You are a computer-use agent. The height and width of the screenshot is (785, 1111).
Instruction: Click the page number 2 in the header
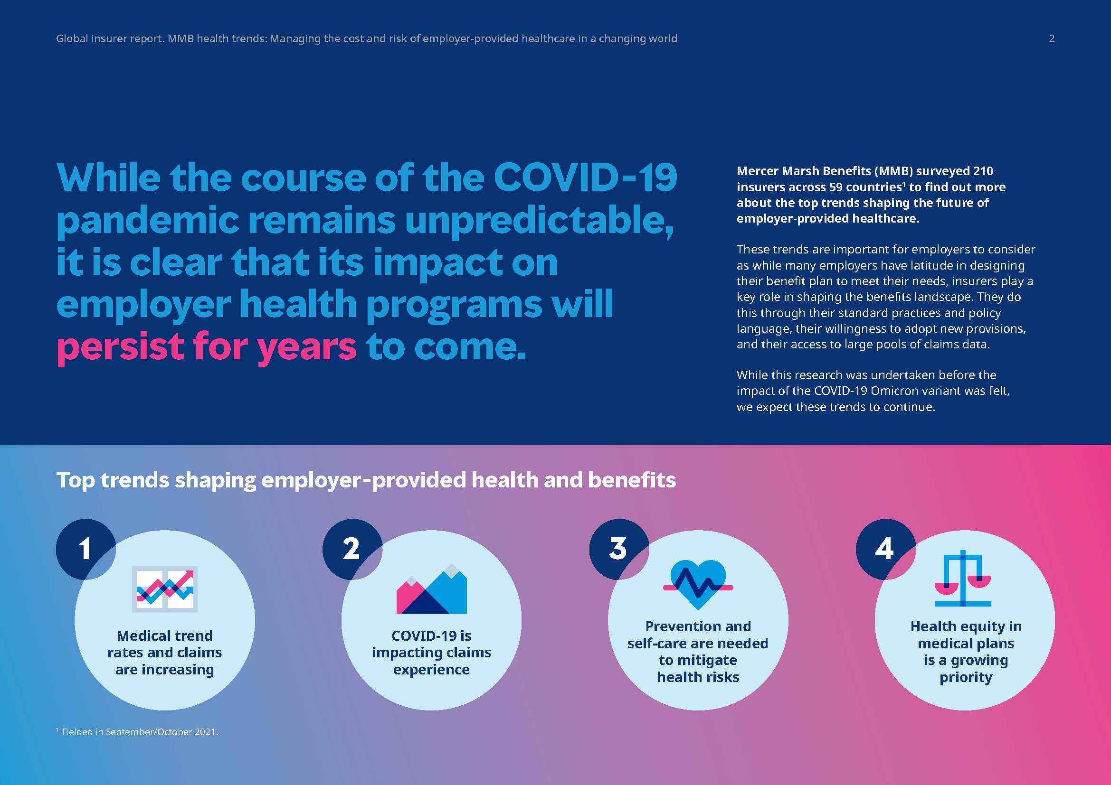[1052, 38]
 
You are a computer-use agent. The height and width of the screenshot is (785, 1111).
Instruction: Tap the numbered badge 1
[85, 549]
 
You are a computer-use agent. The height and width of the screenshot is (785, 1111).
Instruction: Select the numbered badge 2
[351, 549]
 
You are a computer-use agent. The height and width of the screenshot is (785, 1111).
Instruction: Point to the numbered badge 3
[618, 549]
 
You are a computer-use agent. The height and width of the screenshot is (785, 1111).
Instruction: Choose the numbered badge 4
[884, 549]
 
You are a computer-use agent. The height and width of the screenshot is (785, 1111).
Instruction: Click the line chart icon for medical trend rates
[165, 589]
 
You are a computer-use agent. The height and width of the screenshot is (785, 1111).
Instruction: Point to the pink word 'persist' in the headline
[120, 347]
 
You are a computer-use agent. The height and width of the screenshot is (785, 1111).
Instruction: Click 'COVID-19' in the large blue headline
[585, 178]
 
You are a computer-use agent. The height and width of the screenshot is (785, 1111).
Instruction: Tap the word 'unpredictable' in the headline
[539, 220]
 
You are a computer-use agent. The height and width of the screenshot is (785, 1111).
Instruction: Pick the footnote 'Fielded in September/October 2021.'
[139, 732]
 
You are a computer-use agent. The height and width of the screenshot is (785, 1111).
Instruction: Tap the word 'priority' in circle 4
[966, 677]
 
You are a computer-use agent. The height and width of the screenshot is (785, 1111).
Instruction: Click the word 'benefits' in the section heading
[631, 480]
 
